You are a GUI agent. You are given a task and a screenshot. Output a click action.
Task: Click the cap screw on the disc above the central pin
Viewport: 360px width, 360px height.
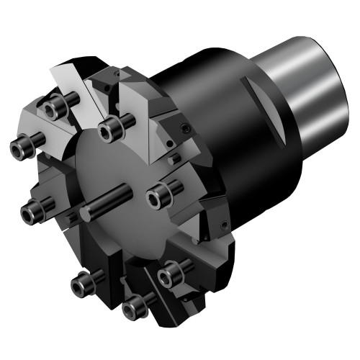[x=109, y=130]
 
